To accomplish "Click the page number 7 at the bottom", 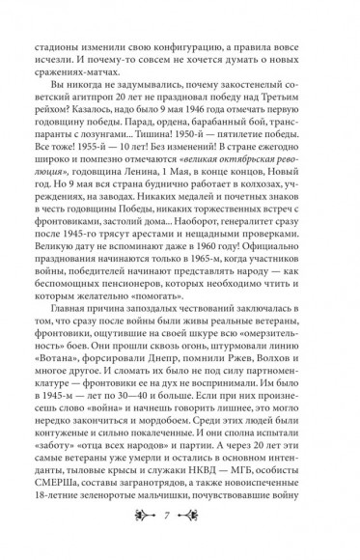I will tap(180, 534).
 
